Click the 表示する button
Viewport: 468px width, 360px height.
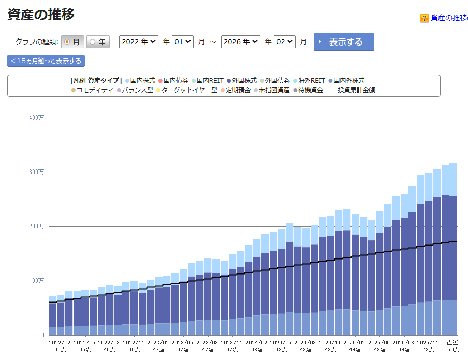coord(344,42)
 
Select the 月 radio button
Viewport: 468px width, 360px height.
coord(72,42)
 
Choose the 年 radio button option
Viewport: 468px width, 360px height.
coord(98,42)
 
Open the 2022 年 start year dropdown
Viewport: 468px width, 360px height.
coord(138,42)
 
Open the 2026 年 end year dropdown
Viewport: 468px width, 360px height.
coord(240,42)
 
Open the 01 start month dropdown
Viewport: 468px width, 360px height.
coord(183,42)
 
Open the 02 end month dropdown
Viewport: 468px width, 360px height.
coord(285,42)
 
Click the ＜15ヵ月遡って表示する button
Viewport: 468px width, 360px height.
coord(46,61)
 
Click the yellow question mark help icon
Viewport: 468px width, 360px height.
coord(425,18)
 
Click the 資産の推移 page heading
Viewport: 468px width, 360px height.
coord(41,15)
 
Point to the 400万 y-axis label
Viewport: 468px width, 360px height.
coord(37,118)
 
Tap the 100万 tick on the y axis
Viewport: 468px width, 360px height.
coord(37,281)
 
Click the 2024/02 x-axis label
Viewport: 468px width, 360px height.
coord(256,342)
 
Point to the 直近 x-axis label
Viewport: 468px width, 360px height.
coord(452,342)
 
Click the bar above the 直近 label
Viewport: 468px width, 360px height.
coord(453,249)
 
